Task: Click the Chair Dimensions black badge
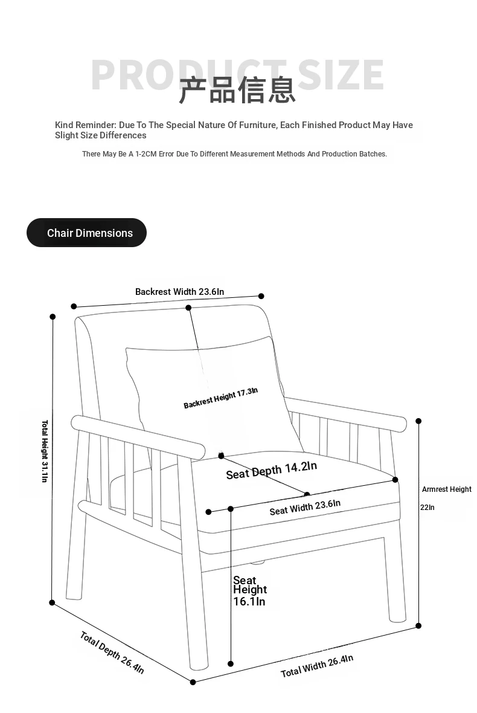coord(86,233)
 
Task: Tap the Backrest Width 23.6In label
coord(179,292)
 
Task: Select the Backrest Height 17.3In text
coord(220,398)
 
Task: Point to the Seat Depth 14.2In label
coord(271,469)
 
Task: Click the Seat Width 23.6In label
coord(305,507)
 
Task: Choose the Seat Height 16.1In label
coord(249,590)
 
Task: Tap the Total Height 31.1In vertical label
coord(45,451)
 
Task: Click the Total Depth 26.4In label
coord(112,653)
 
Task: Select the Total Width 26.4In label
coord(316,666)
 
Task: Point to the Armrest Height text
coord(446,489)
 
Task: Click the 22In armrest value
coord(427,508)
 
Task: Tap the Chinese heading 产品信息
coord(237,90)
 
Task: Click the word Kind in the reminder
coord(65,125)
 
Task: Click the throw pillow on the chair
coord(205,387)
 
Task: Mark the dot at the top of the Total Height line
coord(53,317)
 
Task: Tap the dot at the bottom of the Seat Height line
coord(231,663)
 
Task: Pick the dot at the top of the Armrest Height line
coord(418,421)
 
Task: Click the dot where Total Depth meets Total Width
coord(193,682)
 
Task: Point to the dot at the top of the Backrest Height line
coord(188,308)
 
